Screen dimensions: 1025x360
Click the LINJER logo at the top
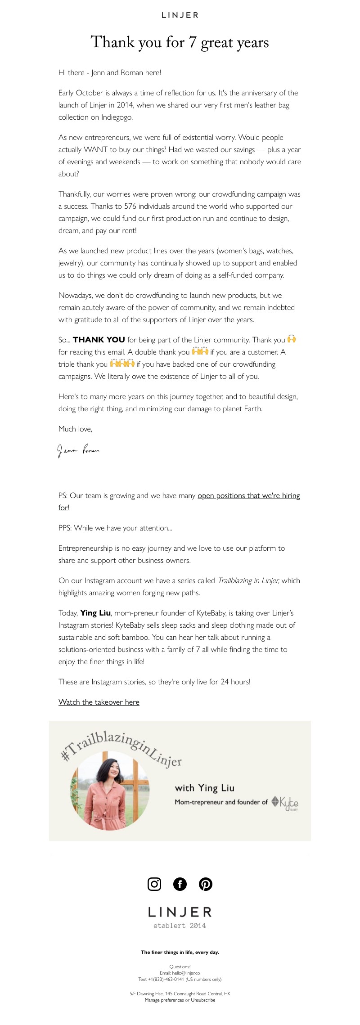coord(180,15)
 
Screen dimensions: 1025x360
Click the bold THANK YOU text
coord(99,340)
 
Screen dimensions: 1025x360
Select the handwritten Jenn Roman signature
coord(78,450)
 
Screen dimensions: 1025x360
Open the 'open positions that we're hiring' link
coord(248,495)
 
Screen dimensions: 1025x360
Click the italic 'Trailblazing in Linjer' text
coord(248,580)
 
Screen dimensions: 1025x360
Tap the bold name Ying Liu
coord(95,613)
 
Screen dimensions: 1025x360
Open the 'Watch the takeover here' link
coord(99,702)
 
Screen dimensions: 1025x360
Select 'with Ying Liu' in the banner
coord(204,788)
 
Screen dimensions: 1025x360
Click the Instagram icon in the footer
coord(154,884)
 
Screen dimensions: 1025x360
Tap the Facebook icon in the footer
coord(180,884)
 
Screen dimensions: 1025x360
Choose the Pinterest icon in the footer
coord(206,884)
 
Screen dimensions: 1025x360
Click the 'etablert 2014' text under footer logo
coord(180,926)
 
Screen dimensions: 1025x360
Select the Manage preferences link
coord(164,1000)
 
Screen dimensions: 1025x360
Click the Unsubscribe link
coord(203,1000)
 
